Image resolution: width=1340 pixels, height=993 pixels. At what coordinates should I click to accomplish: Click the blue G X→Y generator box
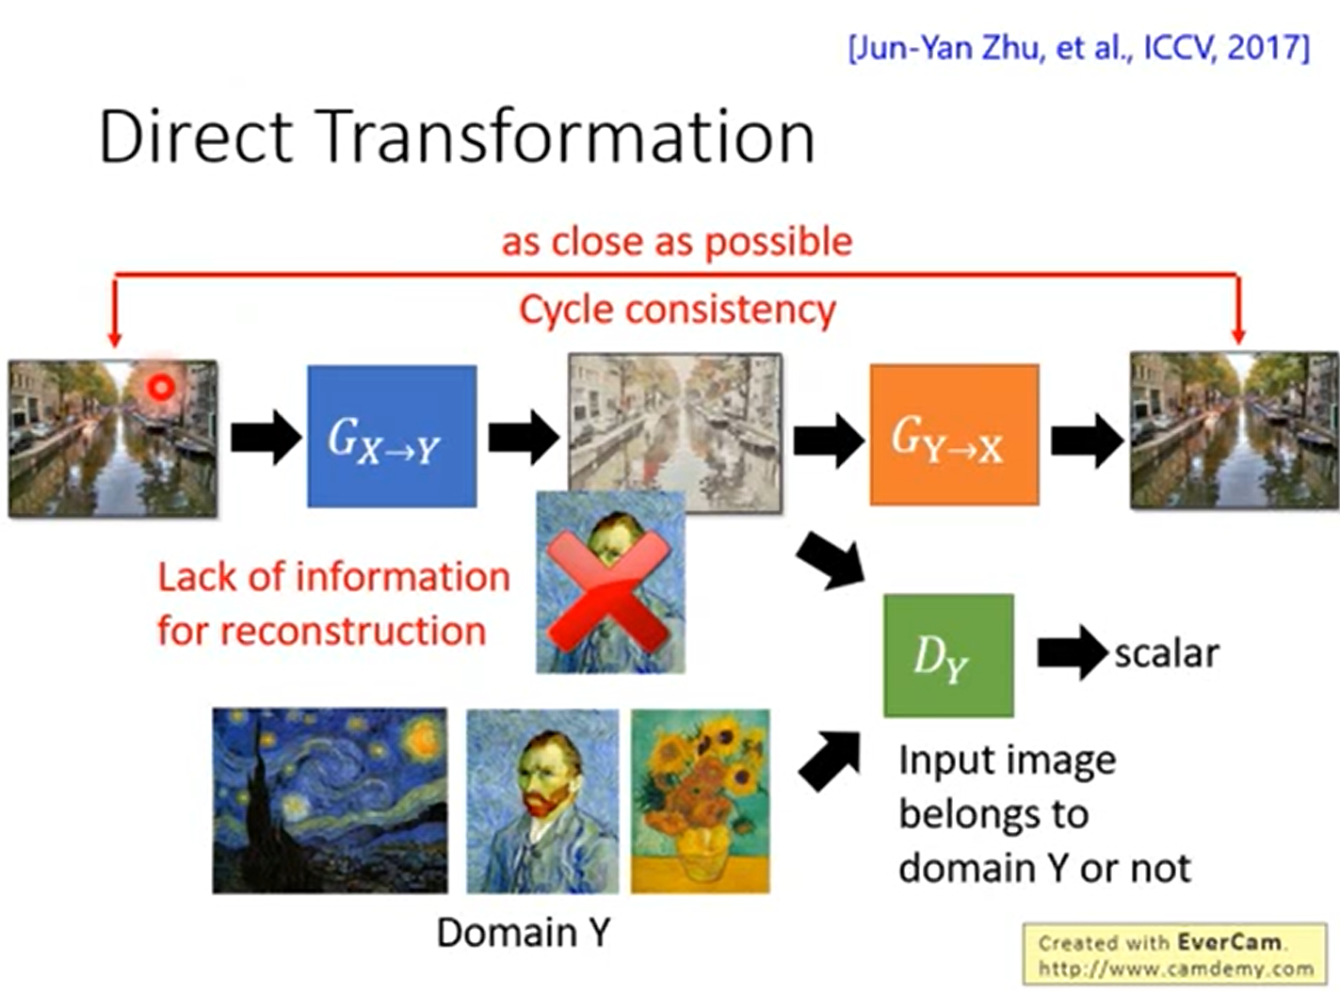point(392,436)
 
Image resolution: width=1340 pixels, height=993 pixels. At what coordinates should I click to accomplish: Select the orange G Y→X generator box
point(953,435)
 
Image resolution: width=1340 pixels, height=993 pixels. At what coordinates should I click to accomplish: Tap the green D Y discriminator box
point(947,655)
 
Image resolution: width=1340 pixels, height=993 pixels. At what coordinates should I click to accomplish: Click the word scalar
point(1166,653)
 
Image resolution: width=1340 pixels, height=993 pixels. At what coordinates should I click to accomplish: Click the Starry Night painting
point(330,800)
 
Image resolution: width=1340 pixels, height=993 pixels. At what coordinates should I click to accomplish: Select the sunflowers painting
point(700,800)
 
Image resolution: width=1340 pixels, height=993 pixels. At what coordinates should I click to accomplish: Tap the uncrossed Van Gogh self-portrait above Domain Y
point(542,800)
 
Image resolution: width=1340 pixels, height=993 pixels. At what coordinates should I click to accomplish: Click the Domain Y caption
point(524,933)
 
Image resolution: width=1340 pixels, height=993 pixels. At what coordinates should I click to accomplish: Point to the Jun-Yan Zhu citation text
point(1078,47)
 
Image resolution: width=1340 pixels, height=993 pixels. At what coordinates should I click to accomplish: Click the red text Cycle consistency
point(676,310)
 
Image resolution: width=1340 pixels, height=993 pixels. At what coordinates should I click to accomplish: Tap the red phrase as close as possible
point(676,242)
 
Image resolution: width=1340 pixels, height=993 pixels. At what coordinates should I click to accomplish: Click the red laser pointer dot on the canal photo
point(161,387)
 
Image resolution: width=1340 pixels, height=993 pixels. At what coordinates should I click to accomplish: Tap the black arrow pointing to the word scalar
point(1072,652)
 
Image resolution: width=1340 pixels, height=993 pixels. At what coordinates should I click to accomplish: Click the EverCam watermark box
point(1174,954)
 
